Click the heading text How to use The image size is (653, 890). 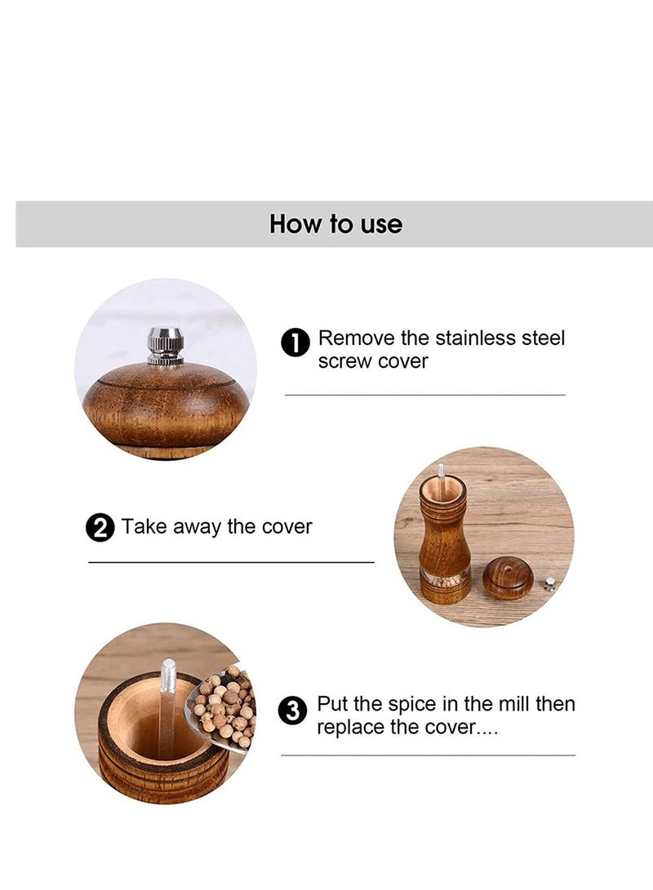[x=335, y=224]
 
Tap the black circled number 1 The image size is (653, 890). [x=295, y=343]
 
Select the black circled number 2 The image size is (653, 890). [x=100, y=529]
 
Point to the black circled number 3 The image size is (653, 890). [x=292, y=711]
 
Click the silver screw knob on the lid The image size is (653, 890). [x=165, y=345]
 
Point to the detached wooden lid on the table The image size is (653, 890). [x=508, y=578]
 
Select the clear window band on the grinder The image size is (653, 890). [x=445, y=578]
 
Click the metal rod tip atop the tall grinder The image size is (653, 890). [x=442, y=472]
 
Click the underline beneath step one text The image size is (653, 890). [x=424, y=395]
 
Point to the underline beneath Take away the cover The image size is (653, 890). [x=231, y=562]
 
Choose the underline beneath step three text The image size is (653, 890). [x=428, y=755]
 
